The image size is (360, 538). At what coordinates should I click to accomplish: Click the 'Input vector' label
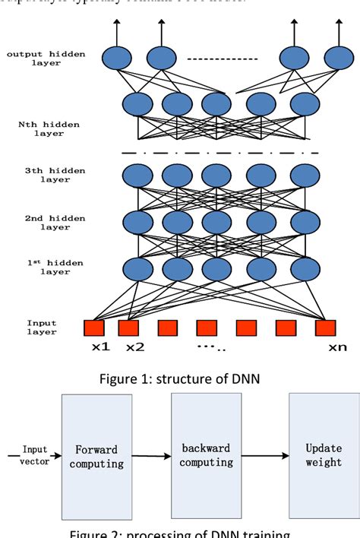(34, 454)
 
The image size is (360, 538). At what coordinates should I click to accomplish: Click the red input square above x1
(93, 328)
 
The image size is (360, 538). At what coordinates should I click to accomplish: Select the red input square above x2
(128, 328)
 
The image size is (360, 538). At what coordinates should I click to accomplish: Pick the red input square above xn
(325, 328)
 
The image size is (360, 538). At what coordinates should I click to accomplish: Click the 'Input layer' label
(42, 328)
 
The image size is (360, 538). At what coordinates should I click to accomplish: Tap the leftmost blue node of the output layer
(117, 58)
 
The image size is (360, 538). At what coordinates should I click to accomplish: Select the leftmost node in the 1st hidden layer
(137, 268)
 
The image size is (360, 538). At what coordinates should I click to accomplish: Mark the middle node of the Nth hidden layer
(216, 103)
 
